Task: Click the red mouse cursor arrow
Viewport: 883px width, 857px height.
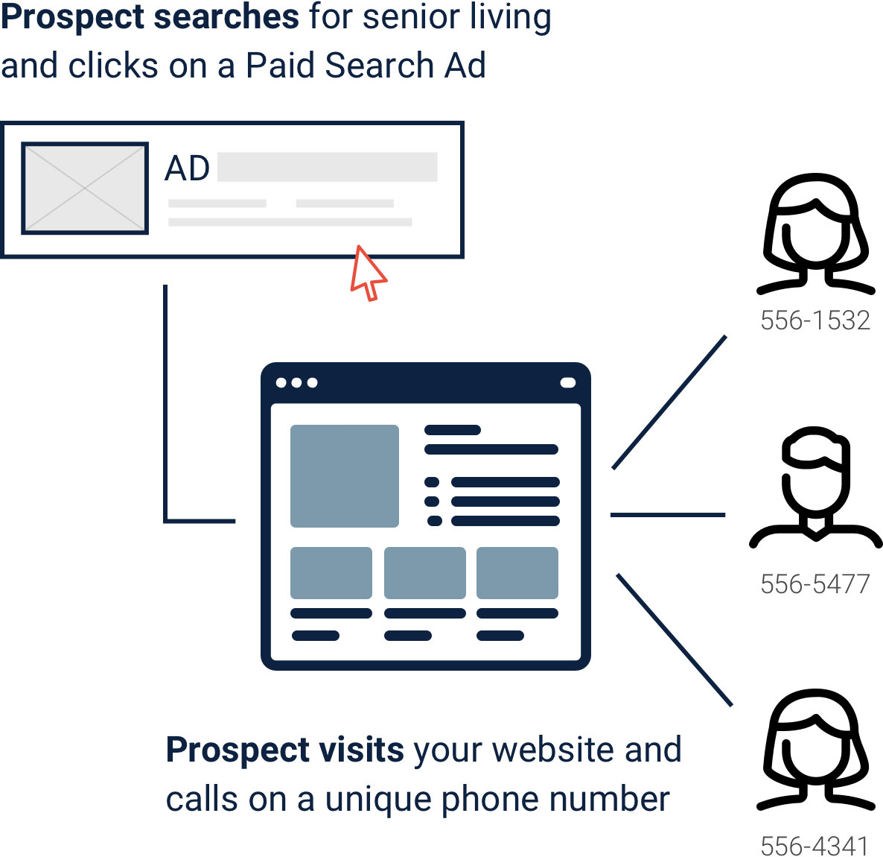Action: (367, 274)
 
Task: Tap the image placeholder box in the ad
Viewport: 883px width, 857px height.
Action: (85, 189)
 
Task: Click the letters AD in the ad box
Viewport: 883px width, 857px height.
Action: (187, 168)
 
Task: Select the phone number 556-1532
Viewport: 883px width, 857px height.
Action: (815, 320)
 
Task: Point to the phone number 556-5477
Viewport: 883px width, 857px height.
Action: (815, 584)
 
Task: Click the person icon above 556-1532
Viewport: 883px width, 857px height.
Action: (815, 234)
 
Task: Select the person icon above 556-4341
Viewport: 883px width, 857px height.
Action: (815, 750)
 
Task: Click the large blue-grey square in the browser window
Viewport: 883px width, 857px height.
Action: (345, 476)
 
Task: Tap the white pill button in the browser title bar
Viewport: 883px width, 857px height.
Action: (568, 383)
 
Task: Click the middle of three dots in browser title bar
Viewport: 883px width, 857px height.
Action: (297, 383)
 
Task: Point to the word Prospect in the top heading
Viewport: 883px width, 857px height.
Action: (73, 18)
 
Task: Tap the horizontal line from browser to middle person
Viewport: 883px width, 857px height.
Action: (668, 515)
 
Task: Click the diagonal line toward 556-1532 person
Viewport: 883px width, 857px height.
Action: (669, 402)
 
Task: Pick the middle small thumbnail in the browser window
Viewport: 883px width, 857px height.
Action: (424, 573)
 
